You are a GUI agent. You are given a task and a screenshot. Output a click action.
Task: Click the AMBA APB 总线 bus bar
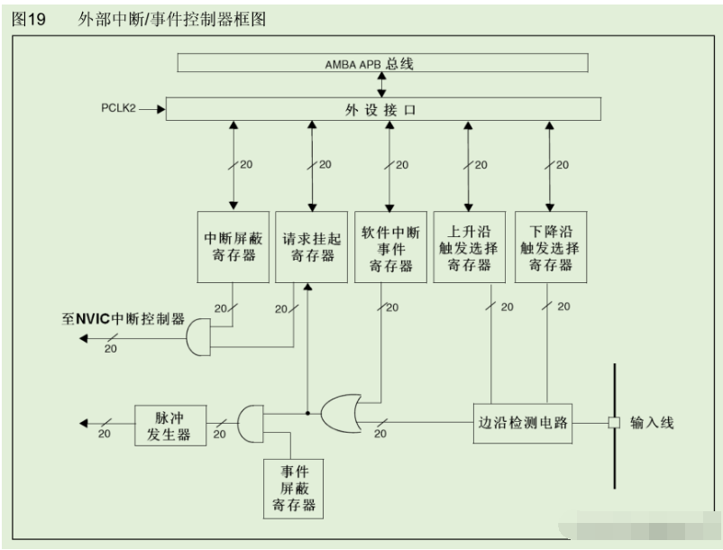(382, 63)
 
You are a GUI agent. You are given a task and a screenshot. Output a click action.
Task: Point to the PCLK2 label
(120, 109)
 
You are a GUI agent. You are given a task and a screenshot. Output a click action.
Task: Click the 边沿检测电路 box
(525, 422)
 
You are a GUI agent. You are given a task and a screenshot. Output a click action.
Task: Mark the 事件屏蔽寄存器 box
(291, 488)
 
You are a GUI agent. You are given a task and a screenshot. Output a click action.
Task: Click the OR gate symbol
(342, 413)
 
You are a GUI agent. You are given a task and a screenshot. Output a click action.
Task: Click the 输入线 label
(652, 422)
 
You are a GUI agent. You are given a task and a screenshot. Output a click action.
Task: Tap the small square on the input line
(614, 422)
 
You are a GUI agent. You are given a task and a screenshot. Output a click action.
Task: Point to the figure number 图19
(29, 19)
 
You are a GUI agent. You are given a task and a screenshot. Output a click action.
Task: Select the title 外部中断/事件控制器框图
(171, 19)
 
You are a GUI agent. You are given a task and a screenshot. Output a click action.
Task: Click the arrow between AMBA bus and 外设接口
(382, 85)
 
